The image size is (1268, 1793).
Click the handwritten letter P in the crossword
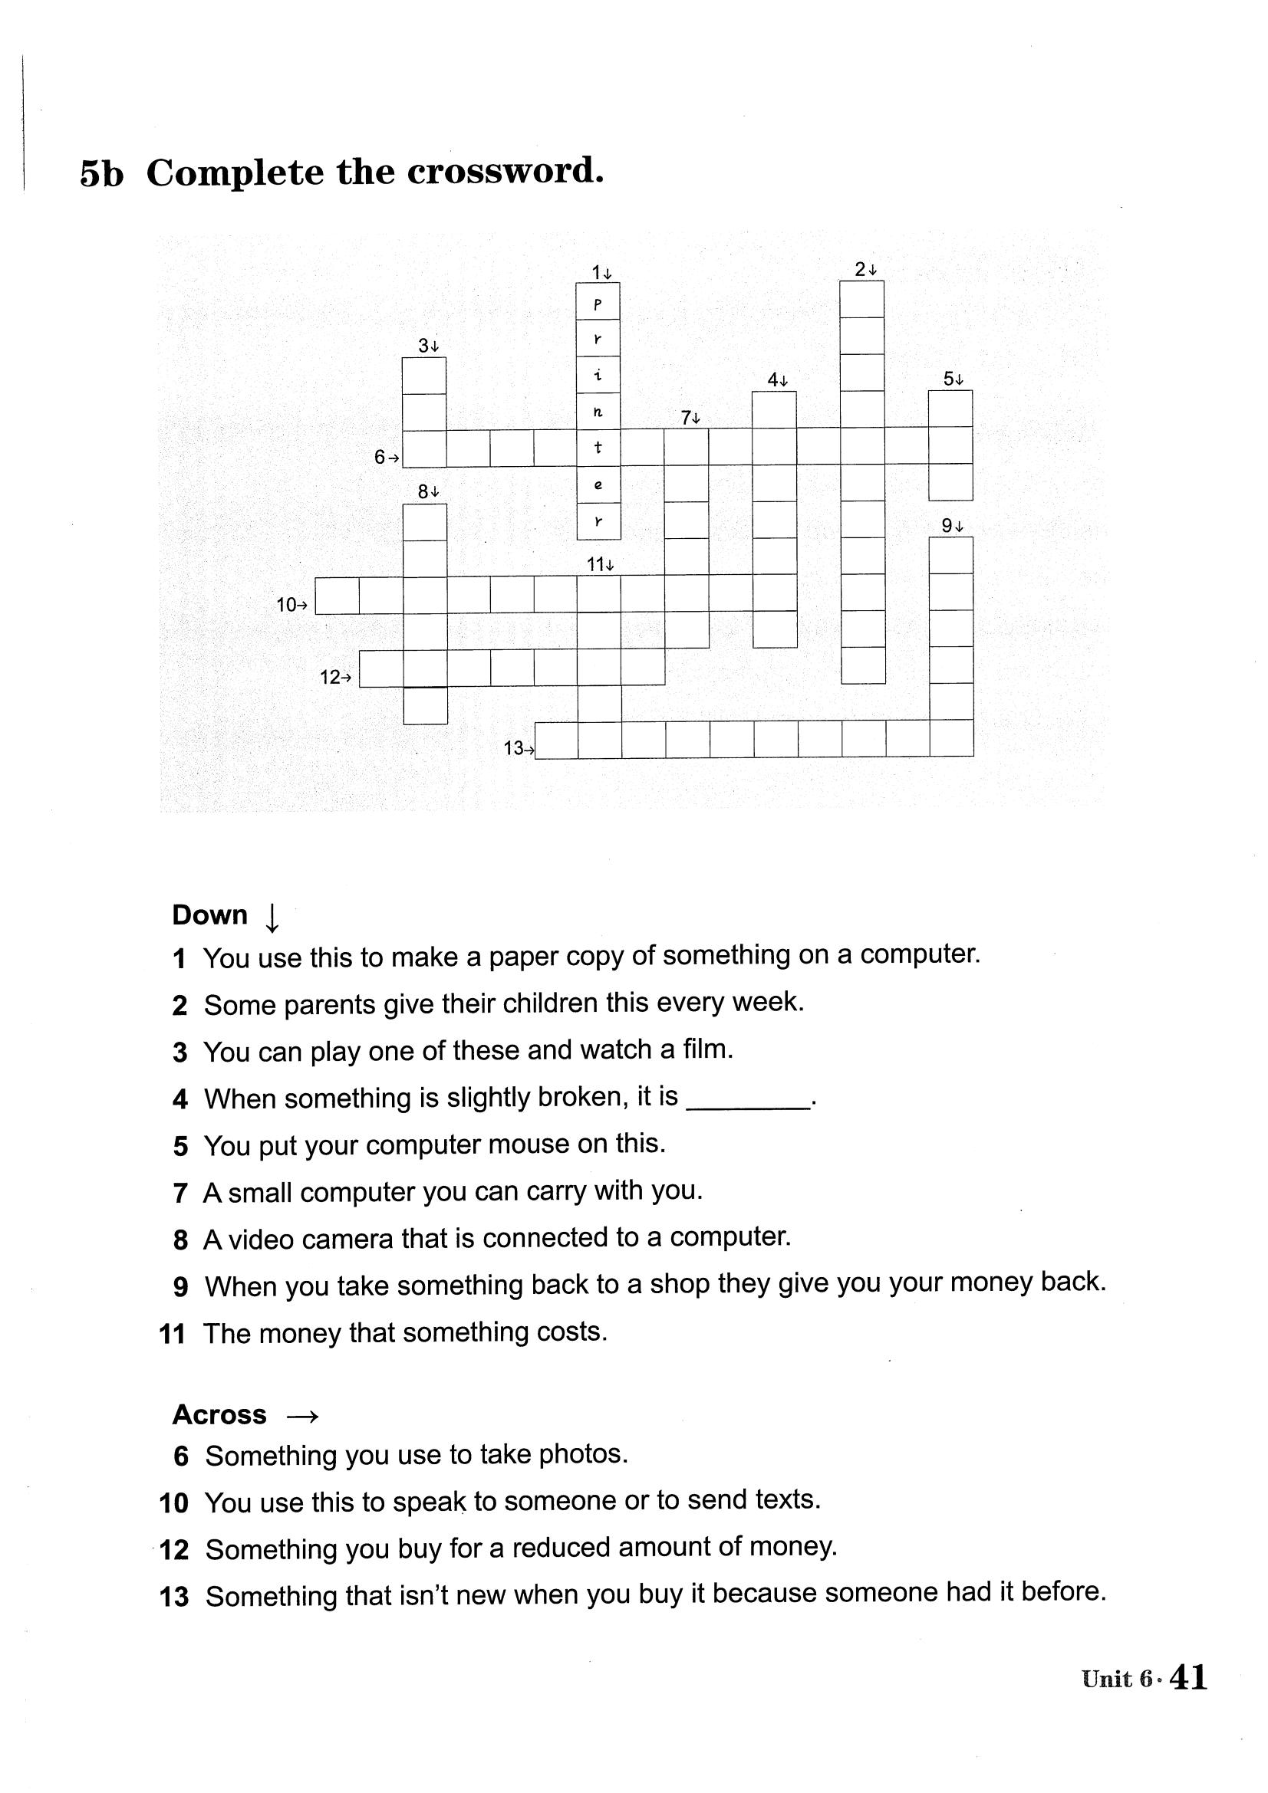(598, 303)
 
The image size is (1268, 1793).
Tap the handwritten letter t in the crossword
(598, 448)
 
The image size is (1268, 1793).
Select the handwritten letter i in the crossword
(598, 376)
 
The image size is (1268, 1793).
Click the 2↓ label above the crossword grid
(865, 270)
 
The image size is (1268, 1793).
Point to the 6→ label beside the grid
(386, 458)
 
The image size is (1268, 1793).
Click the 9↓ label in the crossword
(952, 527)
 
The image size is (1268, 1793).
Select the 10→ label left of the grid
(292, 604)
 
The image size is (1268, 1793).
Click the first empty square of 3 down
(424, 376)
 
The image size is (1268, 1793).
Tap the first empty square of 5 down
(950, 409)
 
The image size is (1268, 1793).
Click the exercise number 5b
(101, 174)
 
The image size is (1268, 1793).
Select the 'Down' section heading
(209, 915)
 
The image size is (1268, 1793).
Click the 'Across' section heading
(219, 1415)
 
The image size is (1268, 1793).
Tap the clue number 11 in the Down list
(173, 1334)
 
